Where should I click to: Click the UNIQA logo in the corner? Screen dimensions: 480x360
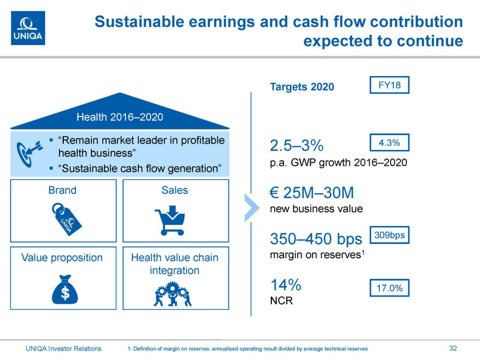[28, 28]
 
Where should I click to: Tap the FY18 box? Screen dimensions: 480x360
[390, 85]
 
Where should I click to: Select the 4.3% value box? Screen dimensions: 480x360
[390, 142]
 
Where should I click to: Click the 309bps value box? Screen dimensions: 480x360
[390, 235]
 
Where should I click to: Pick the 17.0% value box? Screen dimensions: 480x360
[390, 288]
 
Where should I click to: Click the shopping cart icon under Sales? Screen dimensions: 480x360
[170, 220]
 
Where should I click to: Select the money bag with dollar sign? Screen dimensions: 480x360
[65, 290]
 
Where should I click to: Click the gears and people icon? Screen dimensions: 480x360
[172, 294]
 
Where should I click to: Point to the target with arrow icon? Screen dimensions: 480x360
[30, 154]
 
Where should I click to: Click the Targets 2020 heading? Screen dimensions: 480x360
[302, 87]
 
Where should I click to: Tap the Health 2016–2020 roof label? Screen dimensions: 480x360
[120, 117]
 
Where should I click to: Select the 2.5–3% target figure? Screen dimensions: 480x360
[297, 145]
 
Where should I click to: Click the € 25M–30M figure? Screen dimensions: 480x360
[312, 193]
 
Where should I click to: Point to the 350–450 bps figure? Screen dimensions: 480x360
[316, 239]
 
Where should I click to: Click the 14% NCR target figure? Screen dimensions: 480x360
[286, 285]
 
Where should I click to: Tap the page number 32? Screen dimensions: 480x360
[453, 348]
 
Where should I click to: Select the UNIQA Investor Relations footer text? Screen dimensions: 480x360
[63, 348]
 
